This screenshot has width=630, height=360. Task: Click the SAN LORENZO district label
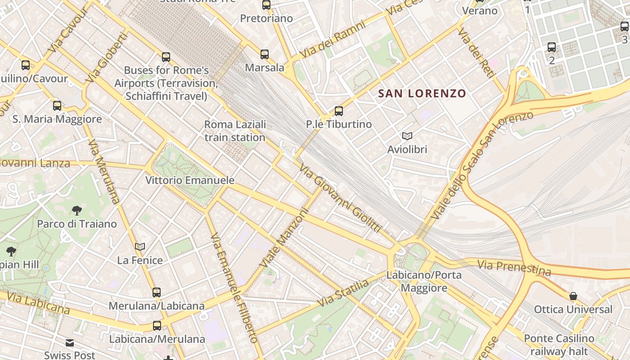click(x=422, y=94)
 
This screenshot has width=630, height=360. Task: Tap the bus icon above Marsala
click(x=265, y=54)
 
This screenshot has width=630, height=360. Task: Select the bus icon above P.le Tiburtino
click(x=339, y=111)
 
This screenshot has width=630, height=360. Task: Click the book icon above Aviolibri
click(x=407, y=136)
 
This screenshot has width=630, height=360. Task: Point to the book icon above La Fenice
click(x=140, y=247)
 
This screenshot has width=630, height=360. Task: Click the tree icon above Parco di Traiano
click(x=77, y=210)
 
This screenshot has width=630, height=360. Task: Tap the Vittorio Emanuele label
click(x=189, y=180)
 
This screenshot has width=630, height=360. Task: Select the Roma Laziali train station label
click(x=235, y=131)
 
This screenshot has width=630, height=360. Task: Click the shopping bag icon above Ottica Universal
click(x=573, y=296)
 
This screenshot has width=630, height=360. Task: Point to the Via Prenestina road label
click(x=514, y=267)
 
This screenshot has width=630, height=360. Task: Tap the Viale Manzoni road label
click(x=285, y=238)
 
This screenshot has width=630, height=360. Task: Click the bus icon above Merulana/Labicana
click(x=157, y=292)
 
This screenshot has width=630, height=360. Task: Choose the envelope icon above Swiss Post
click(x=70, y=343)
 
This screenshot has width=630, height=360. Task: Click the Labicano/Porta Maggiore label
click(x=424, y=281)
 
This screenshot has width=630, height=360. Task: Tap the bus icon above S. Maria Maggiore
click(x=57, y=106)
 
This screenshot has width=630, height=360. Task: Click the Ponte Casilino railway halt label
click(x=559, y=345)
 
